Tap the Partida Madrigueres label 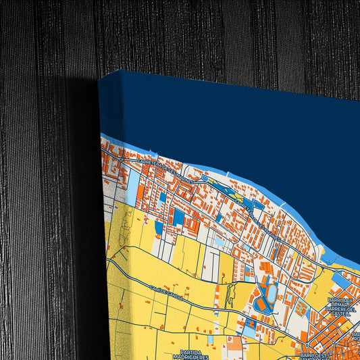[191, 355]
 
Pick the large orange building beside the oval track [260, 305]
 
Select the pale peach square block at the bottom [234, 344]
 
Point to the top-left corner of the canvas [99, 75]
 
